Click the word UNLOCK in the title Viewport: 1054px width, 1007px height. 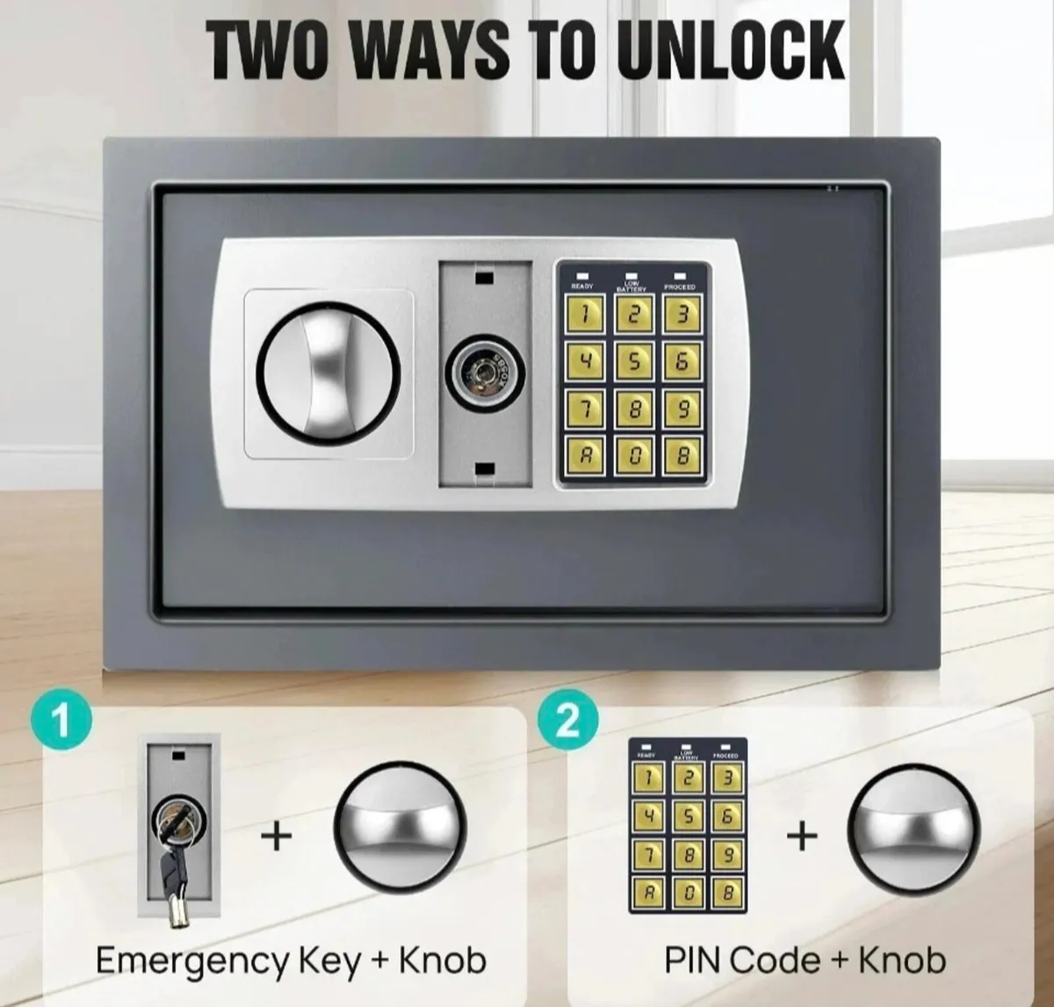(x=730, y=51)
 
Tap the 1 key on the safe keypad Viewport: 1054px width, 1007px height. (x=584, y=314)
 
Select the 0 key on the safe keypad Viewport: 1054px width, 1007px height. (x=632, y=455)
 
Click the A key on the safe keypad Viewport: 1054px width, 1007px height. (x=584, y=455)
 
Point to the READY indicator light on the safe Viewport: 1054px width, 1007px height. (x=581, y=275)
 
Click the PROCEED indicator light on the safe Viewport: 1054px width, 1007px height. (x=679, y=275)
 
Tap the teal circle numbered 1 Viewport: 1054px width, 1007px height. (x=61, y=722)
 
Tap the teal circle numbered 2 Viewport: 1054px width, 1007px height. (x=568, y=722)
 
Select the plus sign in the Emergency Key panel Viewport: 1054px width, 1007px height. (x=277, y=835)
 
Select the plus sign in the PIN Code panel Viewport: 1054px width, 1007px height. (x=801, y=835)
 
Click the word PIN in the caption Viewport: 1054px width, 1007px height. (x=694, y=960)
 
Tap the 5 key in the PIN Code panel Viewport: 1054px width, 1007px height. (x=688, y=816)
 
